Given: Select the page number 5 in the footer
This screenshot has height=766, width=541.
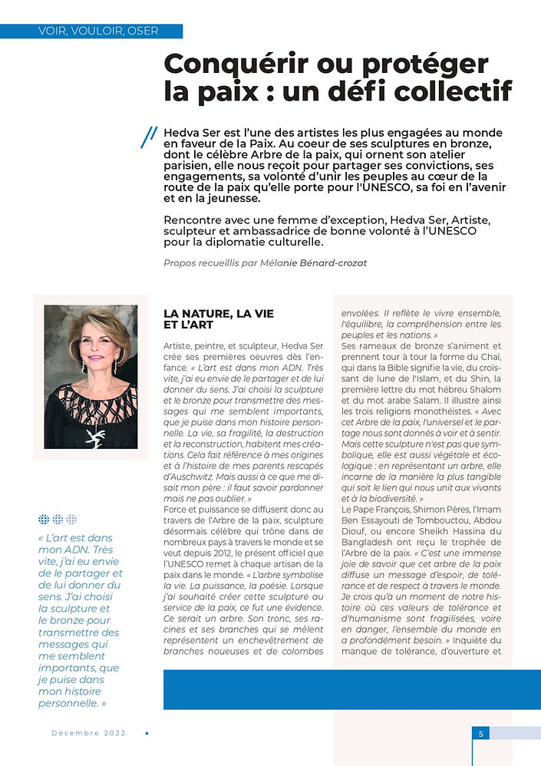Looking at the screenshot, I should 481,734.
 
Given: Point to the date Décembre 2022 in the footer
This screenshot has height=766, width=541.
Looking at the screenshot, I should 88,733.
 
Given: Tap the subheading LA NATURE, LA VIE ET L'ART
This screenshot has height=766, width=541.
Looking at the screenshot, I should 219,319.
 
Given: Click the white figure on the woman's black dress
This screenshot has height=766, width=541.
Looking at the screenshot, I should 96,437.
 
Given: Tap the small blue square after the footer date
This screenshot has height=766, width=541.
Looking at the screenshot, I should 147,733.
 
